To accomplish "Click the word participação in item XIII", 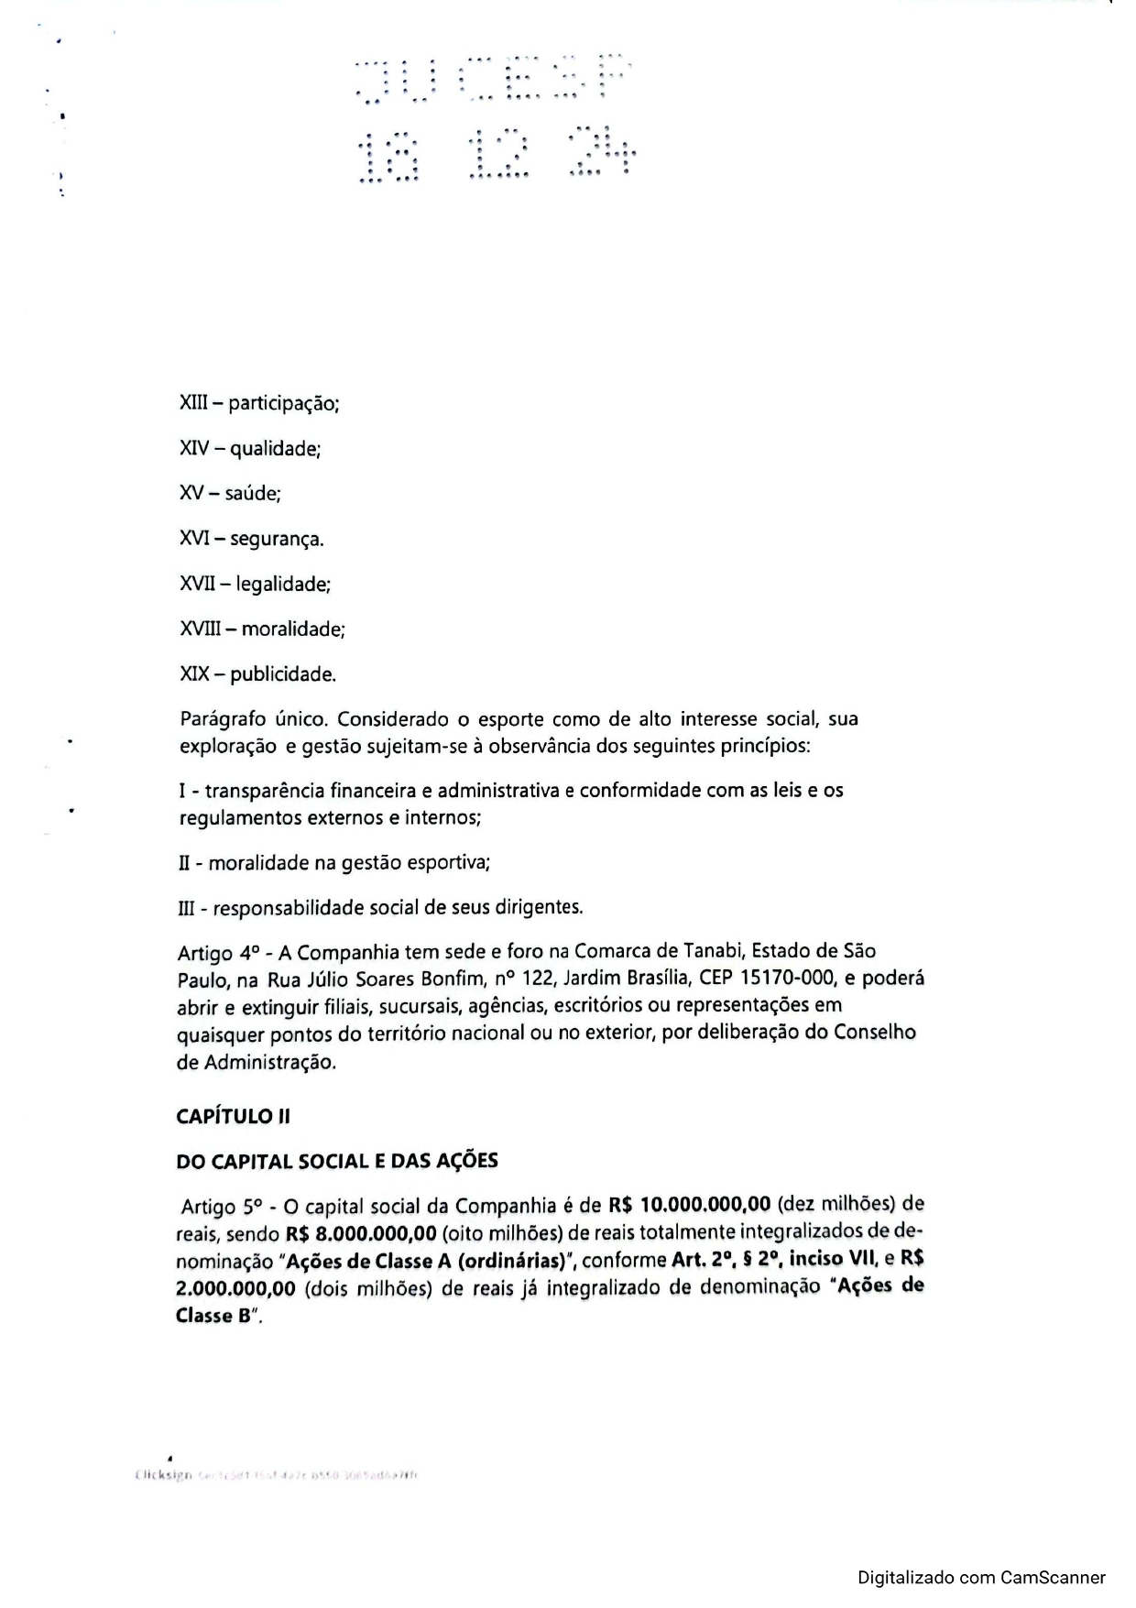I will [284, 404].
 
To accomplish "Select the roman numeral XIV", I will [195, 449].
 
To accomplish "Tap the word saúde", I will [253, 494].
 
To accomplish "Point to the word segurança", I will [277, 540].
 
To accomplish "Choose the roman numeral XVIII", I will [201, 629].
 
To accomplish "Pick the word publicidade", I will [283, 675].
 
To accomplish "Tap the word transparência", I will [264, 791].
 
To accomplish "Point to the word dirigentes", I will [539, 908].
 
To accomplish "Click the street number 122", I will [539, 979].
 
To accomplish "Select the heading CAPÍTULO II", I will [233, 1117].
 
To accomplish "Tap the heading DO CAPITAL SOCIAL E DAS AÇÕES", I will [336, 1162].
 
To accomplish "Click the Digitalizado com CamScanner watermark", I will [981, 1578].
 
